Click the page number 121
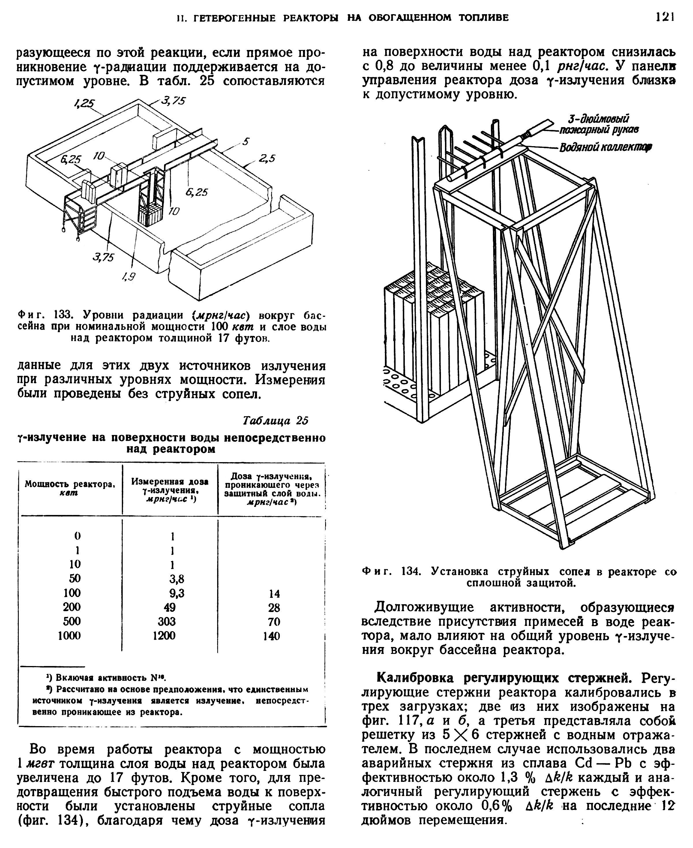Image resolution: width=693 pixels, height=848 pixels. (x=665, y=17)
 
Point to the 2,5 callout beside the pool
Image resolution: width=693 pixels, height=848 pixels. (x=267, y=159)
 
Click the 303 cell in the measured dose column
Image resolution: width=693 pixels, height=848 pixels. (x=166, y=621)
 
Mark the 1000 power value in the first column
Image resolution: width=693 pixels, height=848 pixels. (x=70, y=635)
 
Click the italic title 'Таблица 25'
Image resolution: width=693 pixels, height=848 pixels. (x=275, y=421)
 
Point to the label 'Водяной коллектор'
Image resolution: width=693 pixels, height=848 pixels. (x=605, y=148)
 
